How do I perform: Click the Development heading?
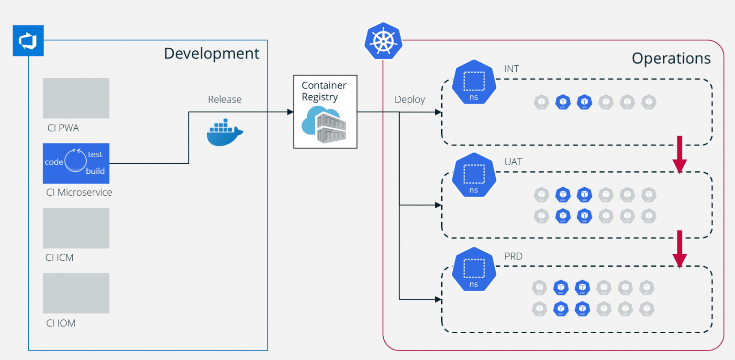point(212,54)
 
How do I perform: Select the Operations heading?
point(671,58)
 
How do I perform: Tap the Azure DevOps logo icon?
point(28,41)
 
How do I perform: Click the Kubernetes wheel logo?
point(383,41)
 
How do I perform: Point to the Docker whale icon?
point(224,133)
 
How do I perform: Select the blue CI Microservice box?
point(76,163)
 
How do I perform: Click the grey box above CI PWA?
point(76,98)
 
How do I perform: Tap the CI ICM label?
point(59,258)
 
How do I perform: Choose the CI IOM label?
point(61,323)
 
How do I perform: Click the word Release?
point(224,100)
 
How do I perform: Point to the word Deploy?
point(410,100)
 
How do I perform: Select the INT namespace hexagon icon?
point(474,82)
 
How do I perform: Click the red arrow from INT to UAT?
point(679,154)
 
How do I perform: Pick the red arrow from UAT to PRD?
point(679,249)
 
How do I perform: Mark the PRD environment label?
point(513,257)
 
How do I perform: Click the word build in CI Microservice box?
point(95,171)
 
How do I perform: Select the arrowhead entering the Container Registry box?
point(290,112)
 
